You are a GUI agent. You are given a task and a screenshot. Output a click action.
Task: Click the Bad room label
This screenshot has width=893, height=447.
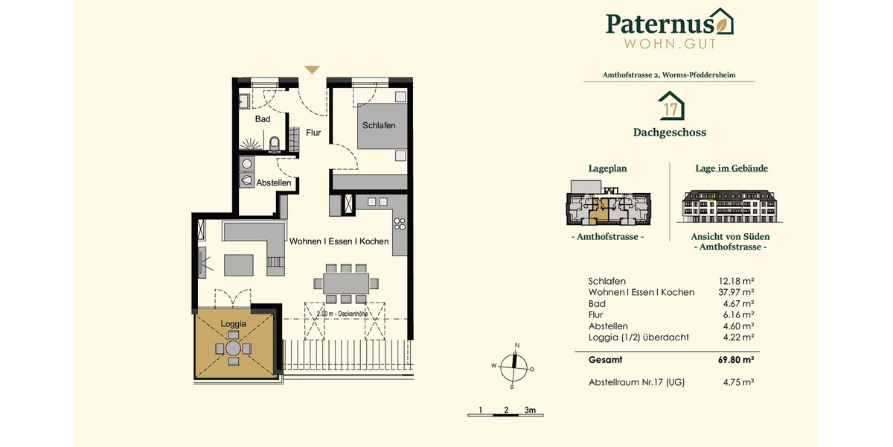pyautogui.click(x=263, y=119)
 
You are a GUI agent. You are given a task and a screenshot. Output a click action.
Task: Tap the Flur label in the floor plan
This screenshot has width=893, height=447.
pyautogui.click(x=313, y=133)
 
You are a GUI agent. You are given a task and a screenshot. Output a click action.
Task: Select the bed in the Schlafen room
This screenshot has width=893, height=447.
pyautogui.click(x=379, y=126)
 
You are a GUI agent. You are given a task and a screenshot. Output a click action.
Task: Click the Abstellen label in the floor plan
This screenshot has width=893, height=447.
pyautogui.click(x=274, y=183)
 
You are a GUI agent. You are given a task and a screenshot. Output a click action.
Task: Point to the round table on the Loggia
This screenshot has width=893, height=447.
pyautogui.click(x=234, y=348)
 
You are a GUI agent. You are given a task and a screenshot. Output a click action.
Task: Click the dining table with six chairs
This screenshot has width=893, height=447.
pyautogui.click(x=346, y=283)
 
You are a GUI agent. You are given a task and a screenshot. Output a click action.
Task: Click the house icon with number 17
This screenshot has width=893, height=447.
pyautogui.click(x=670, y=106)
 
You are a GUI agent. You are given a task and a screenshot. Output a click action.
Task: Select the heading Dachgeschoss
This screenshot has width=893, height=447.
pyautogui.click(x=670, y=133)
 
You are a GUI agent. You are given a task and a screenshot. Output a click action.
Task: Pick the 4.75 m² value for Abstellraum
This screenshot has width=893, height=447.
pyautogui.click(x=739, y=382)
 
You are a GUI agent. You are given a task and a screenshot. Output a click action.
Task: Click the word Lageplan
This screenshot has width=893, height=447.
pyautogui.click(x=608, y=168)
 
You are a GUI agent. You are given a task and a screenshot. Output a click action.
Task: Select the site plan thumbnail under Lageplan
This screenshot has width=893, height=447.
pyautogui.click(x=608, y=206)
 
